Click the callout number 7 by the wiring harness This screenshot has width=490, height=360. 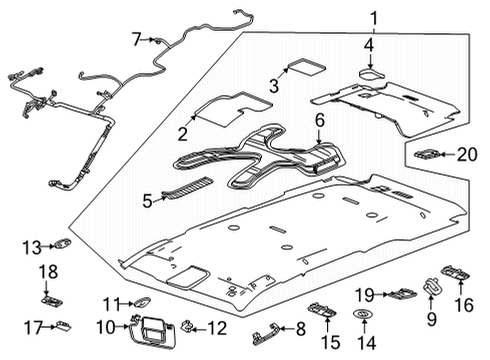[137, 39]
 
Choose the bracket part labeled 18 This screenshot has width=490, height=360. [49, 296]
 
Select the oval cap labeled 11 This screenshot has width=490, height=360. [142, 303]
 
